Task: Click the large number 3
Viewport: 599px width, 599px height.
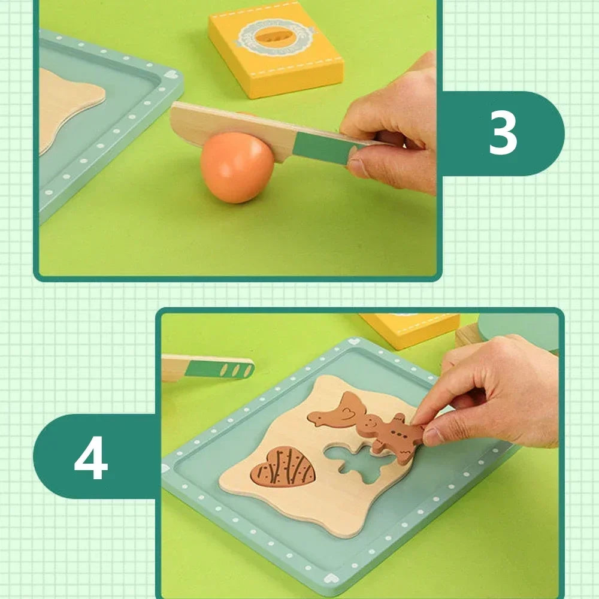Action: click(503, 133)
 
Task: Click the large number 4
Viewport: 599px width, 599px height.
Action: click(91, 458)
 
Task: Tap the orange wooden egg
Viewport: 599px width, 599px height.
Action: click(237, 167)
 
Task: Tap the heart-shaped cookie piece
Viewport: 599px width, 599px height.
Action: click(283, 467)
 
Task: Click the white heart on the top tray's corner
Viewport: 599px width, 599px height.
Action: click(171, 75)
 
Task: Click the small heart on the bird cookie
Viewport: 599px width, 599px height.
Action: click(347, 413)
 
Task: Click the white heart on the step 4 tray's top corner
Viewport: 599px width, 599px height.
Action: click(355, 341)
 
